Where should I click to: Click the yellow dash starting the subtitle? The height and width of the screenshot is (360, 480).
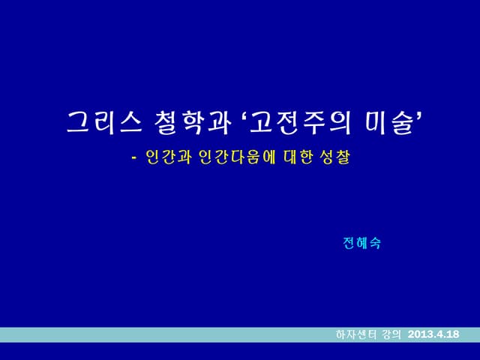pos(133,159)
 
